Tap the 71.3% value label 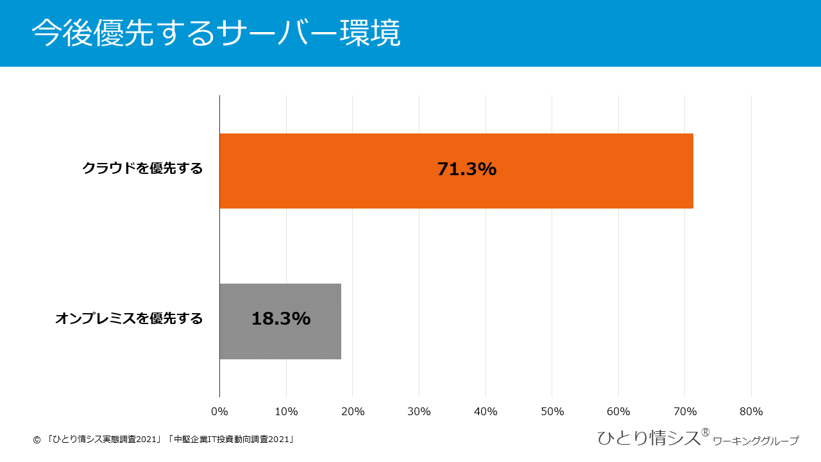pyautogui.click(x=467, y=169)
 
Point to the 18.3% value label pyautogui.click(x=281, y=319)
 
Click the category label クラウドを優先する pyautogui.click(x=142, y=169)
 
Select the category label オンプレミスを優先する pyautogui.click(x=129, y=318)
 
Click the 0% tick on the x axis pyautogui.click(x=219, y=411)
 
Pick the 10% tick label pyautogui.click(x=286, y=411)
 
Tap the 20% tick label pyautogui.click(x=353, y=411)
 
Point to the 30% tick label pyautogui.click(x=419, y=411)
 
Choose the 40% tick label pyautogui.click(x=486, y=411)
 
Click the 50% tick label pyautogui.click(x=552, y=411)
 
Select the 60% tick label pyautogui.click(x=618, y=411)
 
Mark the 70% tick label pyautogui.click(x=685, y=411)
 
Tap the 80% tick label pyautogui.click(x=751, y=411)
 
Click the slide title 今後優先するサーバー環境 pyautogui.click(x=216, y=33)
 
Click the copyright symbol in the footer pyautogui.click(x=37, y=440)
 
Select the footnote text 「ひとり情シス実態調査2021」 pyautogui.click(x=105, y=440)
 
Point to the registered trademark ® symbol pyautogui.click(x=705, y=432)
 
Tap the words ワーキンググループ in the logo pyautogui.click(x=756, y=441)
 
